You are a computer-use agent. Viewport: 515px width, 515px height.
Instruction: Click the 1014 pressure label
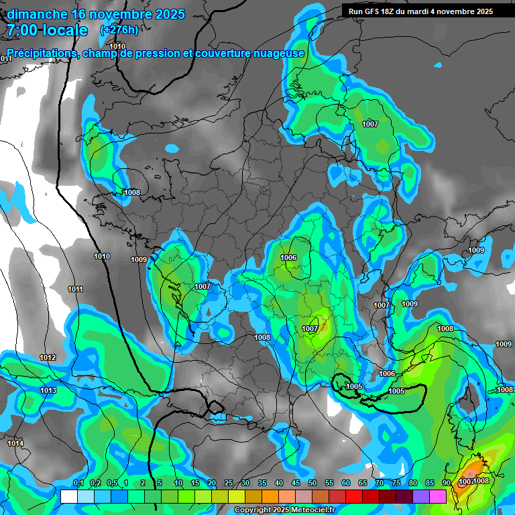click(x=15, y=443)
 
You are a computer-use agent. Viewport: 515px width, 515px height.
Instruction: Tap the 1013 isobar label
click(x=48, y=390)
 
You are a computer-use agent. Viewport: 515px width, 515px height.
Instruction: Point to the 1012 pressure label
click(x=48, y=357)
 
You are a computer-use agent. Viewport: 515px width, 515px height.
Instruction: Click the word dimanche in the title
click(x=38, y=14)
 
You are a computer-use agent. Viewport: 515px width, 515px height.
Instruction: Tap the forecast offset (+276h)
click(x=119, y=30)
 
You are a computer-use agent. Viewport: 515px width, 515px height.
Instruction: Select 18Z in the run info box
click(x=394, y=11)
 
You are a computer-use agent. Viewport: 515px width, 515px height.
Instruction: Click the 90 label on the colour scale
click(x=446, y=483)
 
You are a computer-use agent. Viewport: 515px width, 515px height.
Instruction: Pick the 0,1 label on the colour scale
click(x=78, y=483)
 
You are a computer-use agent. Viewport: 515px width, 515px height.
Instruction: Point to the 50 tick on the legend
click(x=312, y=483)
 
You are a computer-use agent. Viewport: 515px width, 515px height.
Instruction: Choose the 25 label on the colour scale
click(x=229, y=483)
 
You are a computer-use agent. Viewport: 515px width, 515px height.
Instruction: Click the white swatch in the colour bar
click(x=68, y=496)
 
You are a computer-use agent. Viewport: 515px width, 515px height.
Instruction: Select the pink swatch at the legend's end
click(x=438, y=496)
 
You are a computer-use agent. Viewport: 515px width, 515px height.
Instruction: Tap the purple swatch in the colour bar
click(x=421, y=496)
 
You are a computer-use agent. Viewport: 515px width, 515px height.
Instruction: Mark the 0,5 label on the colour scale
click(x=112, y=483)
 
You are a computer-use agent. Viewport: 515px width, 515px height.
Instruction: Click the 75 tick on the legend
click(x=396, y=483)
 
